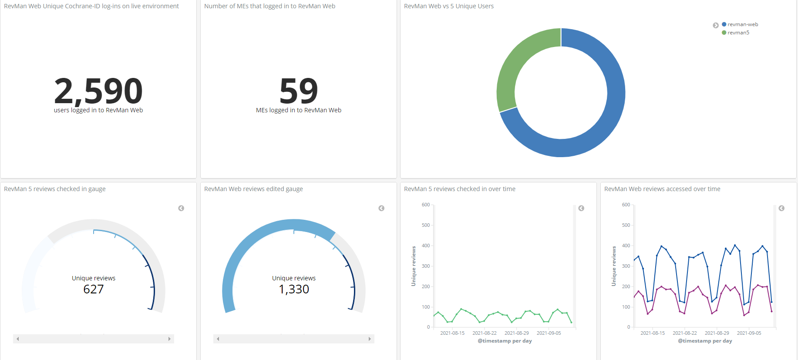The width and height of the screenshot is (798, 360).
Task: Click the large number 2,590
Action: pos(98,91)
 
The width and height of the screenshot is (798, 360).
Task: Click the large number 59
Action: pos(299,91)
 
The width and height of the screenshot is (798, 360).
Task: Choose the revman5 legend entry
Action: pos(738,33)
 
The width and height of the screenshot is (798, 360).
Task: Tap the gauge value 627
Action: pos(94,289)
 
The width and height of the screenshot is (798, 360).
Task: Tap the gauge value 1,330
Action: pos(294,289)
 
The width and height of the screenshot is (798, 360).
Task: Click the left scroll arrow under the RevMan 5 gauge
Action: pos(17,339)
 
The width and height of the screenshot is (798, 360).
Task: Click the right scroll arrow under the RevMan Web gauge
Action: pos(370,339)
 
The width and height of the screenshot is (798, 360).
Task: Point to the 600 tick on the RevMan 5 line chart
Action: pos(425,205)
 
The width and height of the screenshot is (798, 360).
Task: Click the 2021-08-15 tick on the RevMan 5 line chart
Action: pos(452,333)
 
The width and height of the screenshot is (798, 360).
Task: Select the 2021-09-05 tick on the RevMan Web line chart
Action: pos(749,333)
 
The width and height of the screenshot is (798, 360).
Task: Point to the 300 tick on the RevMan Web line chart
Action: pos(626,266)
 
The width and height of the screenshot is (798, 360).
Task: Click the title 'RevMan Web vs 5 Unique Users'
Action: pos(448,6)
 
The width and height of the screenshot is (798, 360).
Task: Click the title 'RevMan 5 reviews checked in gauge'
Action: pos(54,189)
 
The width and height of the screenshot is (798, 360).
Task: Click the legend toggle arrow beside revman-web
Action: pos(715,25)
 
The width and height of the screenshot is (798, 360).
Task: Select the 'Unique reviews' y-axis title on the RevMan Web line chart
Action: pos(614,266)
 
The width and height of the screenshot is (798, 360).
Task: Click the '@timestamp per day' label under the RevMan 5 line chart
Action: pos(505,341)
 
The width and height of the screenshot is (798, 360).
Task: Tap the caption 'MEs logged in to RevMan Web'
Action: pos(299,110)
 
